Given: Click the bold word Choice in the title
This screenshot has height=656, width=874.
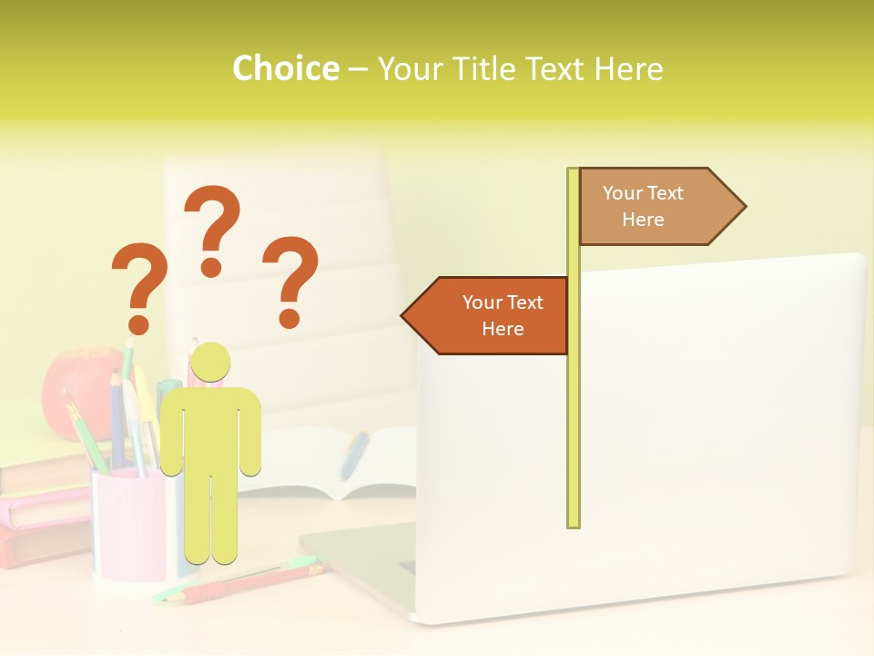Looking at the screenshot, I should point(285,68).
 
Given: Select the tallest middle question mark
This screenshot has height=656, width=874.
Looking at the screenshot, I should point(212,228).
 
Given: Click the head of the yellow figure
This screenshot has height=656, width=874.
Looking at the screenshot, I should point(210,362).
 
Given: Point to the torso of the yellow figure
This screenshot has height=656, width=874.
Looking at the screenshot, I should point(210,428).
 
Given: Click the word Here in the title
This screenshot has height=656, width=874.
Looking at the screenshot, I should point(628,69).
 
